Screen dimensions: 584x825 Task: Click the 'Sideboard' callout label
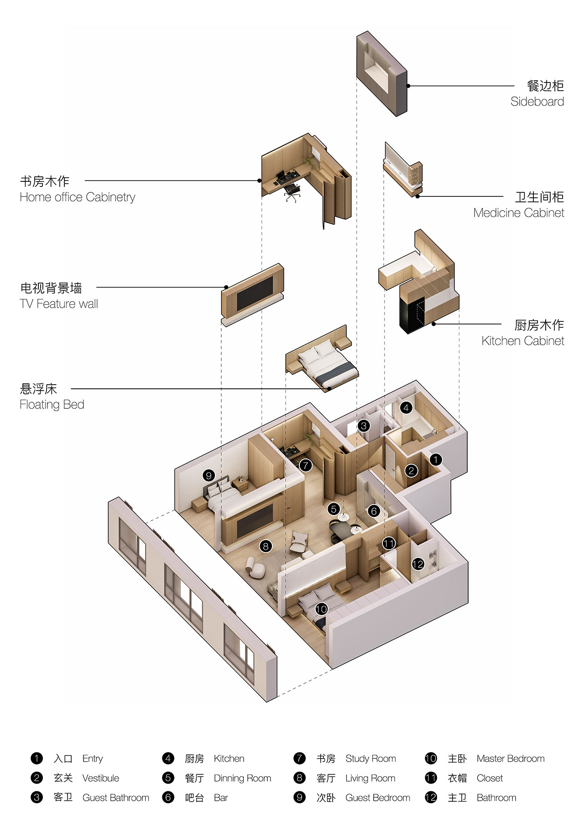[x=537, y=102]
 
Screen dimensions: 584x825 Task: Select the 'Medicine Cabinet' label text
[x=519, y=213]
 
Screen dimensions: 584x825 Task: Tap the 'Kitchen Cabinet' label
[x=523, y=341]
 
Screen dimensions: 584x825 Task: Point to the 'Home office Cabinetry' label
[x=78, y=197]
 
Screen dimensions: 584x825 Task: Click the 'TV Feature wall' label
[x=59, y=304]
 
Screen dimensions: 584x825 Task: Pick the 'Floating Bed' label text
[x=52, y=405]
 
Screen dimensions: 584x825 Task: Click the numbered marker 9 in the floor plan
[x=209, y=475]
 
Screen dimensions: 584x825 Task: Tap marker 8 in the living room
[x=266, y=546]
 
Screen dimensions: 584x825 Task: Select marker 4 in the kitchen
[x=406, y=407]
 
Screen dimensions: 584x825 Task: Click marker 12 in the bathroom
[x=418, y=564]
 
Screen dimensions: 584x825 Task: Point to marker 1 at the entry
[x=436, y=459]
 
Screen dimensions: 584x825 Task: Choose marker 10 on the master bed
[x=321, y=609]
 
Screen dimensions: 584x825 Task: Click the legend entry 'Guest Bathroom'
[x=116, y=798]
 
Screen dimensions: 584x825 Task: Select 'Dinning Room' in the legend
[x=242, y=778]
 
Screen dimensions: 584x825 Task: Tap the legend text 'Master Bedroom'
[x=511, y=758]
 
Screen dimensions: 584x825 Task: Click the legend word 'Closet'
[x=490, y=778]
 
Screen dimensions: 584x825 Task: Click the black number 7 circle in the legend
[x=299, y=758]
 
